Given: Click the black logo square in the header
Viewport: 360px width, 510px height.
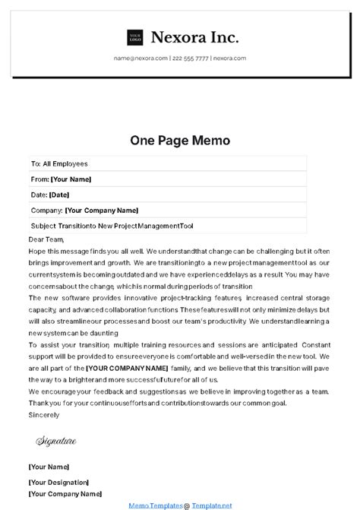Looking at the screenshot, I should click(136, 36).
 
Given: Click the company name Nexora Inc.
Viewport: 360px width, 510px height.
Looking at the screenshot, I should click(195, 36).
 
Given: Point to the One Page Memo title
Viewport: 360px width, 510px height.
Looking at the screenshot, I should click(180, 141).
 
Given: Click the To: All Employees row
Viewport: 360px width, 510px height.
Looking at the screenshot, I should click(59, 163).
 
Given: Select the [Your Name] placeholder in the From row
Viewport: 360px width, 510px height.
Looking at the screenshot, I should click(71, 179).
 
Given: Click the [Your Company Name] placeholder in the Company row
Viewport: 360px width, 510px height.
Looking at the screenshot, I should click(102, 211).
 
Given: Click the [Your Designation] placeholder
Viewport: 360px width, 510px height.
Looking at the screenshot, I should click(58, 482).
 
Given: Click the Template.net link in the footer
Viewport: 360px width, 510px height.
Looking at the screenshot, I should click(210, 504).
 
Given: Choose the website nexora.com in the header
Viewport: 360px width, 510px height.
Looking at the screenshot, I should click(229, 59).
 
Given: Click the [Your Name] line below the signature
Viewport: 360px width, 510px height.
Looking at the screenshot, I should click(49, 466).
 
